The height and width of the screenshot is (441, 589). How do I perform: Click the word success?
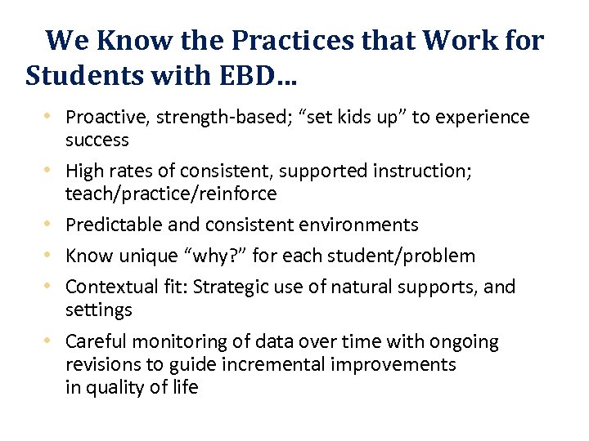point(97,140)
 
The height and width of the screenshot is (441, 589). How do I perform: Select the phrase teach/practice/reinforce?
point(171,194)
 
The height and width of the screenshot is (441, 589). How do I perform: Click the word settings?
point(98,310)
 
